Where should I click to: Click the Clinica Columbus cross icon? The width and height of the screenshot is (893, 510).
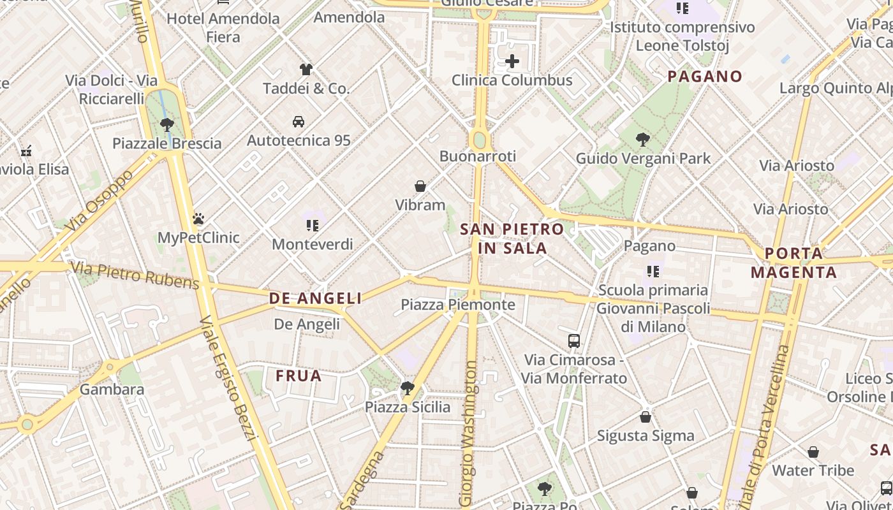(512, 61)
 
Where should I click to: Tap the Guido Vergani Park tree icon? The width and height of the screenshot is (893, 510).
(643, 139)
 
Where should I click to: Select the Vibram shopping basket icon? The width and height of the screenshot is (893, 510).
(420, 186)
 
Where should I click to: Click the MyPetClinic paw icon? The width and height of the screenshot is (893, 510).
(198, 219)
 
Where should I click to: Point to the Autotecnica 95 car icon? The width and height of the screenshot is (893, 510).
(299, 121)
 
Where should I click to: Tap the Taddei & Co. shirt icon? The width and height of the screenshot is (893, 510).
(306, 69)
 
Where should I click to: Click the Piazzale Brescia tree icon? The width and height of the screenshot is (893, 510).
(167, 124)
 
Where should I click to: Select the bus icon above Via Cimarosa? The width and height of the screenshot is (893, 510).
(574, 341)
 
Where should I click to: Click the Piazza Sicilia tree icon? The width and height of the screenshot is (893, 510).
(407, 388)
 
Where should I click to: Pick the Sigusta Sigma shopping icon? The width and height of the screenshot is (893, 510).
(646, 417)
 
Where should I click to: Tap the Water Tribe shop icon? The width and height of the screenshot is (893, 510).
(813, 452)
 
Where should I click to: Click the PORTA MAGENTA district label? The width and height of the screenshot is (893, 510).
(793, 263)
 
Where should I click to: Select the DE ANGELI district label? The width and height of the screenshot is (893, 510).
(315, 298)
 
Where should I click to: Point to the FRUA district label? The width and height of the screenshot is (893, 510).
(299, 376)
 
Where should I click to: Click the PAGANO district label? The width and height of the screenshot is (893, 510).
(705, 76)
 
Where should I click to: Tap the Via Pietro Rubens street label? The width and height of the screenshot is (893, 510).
(135, 275)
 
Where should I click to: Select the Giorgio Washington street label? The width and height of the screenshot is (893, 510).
(470, 433)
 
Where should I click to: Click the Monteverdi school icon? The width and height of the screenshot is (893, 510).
(312, 225)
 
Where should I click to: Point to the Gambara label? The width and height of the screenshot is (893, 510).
(112, 390)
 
